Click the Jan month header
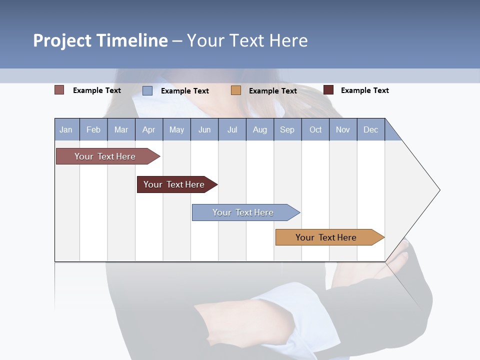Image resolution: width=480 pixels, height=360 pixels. click(66, 129)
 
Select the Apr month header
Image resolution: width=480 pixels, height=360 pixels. click(149, 129)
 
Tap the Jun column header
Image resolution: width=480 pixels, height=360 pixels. click(204, 129)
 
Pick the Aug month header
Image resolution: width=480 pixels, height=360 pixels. click(260, 129)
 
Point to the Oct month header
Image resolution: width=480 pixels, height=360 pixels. click(315, 129)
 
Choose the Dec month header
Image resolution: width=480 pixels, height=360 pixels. click(371, 129)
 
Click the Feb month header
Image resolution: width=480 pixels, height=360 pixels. click(93, 129)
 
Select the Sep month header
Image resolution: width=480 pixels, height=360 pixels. click(287, 129)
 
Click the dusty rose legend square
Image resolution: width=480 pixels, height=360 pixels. click(59, 90)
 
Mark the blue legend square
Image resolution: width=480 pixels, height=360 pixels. click(147, 90)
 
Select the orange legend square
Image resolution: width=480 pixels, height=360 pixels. click(236, 90)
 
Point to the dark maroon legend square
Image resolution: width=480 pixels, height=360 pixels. click(328, 90)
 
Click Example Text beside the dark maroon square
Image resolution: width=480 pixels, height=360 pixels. click(364, 90)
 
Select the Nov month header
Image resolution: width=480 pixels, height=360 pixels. click(343, 129)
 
